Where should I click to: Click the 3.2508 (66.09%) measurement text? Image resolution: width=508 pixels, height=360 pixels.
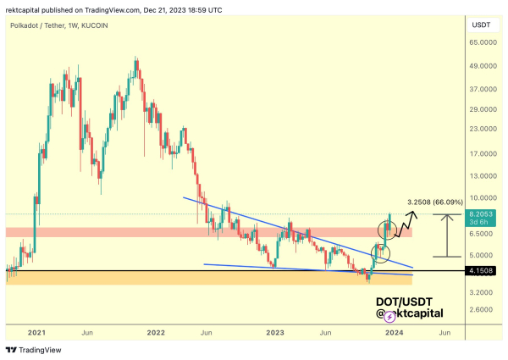pos(435,202)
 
